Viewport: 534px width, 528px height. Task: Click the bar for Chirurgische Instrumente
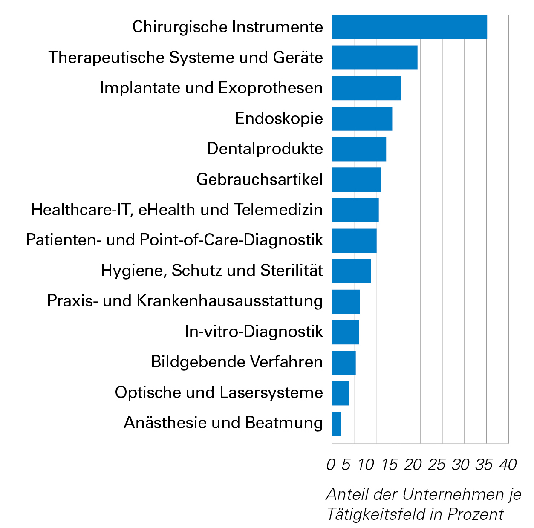(x=409, y=27)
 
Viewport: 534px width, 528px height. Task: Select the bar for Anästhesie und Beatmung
(x=336, y=424)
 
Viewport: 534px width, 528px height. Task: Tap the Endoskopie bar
(x=362, y=118)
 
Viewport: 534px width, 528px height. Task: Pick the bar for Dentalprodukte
(x=359, y=149)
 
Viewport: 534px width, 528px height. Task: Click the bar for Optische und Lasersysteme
(x=341, y=393)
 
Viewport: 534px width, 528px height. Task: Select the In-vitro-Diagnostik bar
(x=345, y=332)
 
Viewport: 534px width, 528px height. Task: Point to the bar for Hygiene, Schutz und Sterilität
(x=351, y=271)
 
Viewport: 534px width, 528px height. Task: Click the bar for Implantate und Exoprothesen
(x=366, y=88)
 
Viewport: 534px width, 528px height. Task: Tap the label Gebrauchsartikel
(x=260, y=179)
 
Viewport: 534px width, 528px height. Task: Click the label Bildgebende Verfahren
(x=237, y=362)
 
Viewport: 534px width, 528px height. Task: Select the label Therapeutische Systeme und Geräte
(x=186, y=58)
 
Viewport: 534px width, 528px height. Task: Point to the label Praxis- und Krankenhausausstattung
(x=185, y=301)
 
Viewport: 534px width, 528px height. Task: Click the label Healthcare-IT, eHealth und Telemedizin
(x=177, y=210)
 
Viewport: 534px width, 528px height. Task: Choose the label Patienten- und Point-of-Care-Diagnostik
(x=174, y=240)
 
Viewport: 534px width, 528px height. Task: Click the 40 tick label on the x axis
(x=508, y=465)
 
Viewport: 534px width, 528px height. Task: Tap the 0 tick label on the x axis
(x=331, y=465)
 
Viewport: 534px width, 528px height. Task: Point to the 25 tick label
(x=436, y=465)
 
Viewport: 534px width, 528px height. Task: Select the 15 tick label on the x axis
(x=390, y=465)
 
